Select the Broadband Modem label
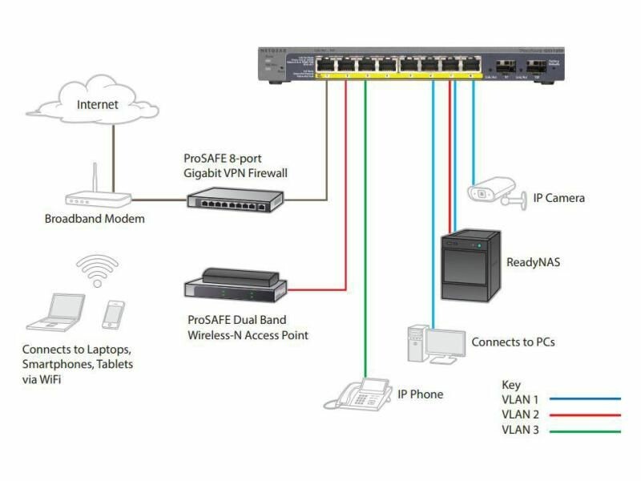tap(95, 219)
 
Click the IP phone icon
tap(361, 393)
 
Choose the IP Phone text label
tap(421, 394)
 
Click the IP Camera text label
tap(559, 198)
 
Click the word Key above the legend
tap(511, 385)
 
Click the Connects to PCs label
tap(513, 342)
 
